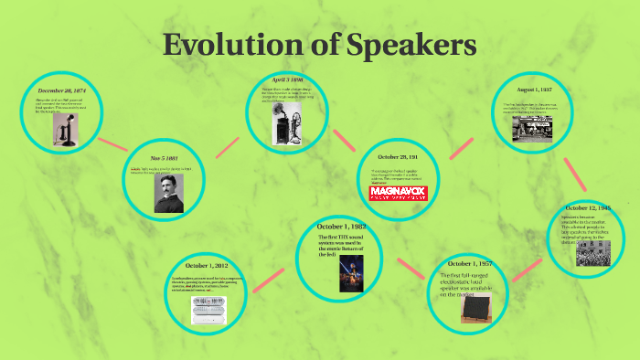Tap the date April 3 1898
pyautogui.click(x=286, y=81)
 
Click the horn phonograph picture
pyautogui.click(x=284, y=122)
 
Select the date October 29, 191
pyautogui.click(x=398, y=158)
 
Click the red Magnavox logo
pyautogui.click(x=398, y=193)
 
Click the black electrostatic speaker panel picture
pyautogui.click(x=475, y=313)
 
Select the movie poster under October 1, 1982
pyautogui.click(x=348, y=276)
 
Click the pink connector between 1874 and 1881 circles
pyautogui.click(x=112, y=143)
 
